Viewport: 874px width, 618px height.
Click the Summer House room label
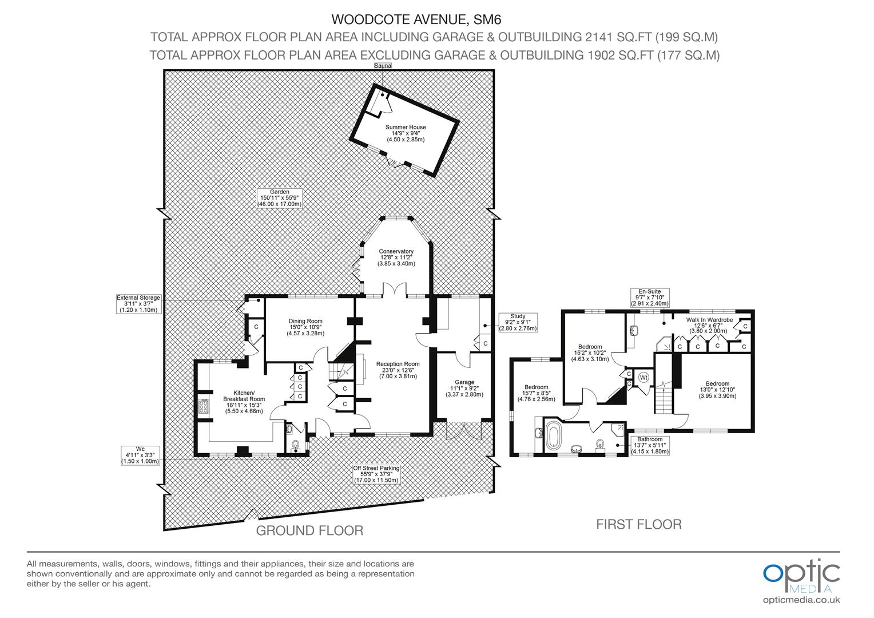406,133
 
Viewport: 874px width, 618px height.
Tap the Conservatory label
396,257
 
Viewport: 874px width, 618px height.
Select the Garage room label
464,388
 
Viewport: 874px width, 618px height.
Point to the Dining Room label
305,327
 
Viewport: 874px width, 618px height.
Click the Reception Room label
398,370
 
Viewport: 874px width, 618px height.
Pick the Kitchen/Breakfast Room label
244,402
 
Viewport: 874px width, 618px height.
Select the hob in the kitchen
203,406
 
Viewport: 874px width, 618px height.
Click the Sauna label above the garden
382,66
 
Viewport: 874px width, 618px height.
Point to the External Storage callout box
138,304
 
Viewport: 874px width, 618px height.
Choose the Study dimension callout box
518,323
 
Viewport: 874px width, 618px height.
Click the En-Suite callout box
650,298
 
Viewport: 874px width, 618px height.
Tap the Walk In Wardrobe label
709,325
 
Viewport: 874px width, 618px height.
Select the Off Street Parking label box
376,474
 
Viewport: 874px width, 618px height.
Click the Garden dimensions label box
279,198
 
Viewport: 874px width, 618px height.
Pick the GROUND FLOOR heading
309,530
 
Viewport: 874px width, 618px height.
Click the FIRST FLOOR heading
639,524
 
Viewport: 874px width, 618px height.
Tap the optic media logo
801,581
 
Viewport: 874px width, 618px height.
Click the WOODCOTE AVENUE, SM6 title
416,19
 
